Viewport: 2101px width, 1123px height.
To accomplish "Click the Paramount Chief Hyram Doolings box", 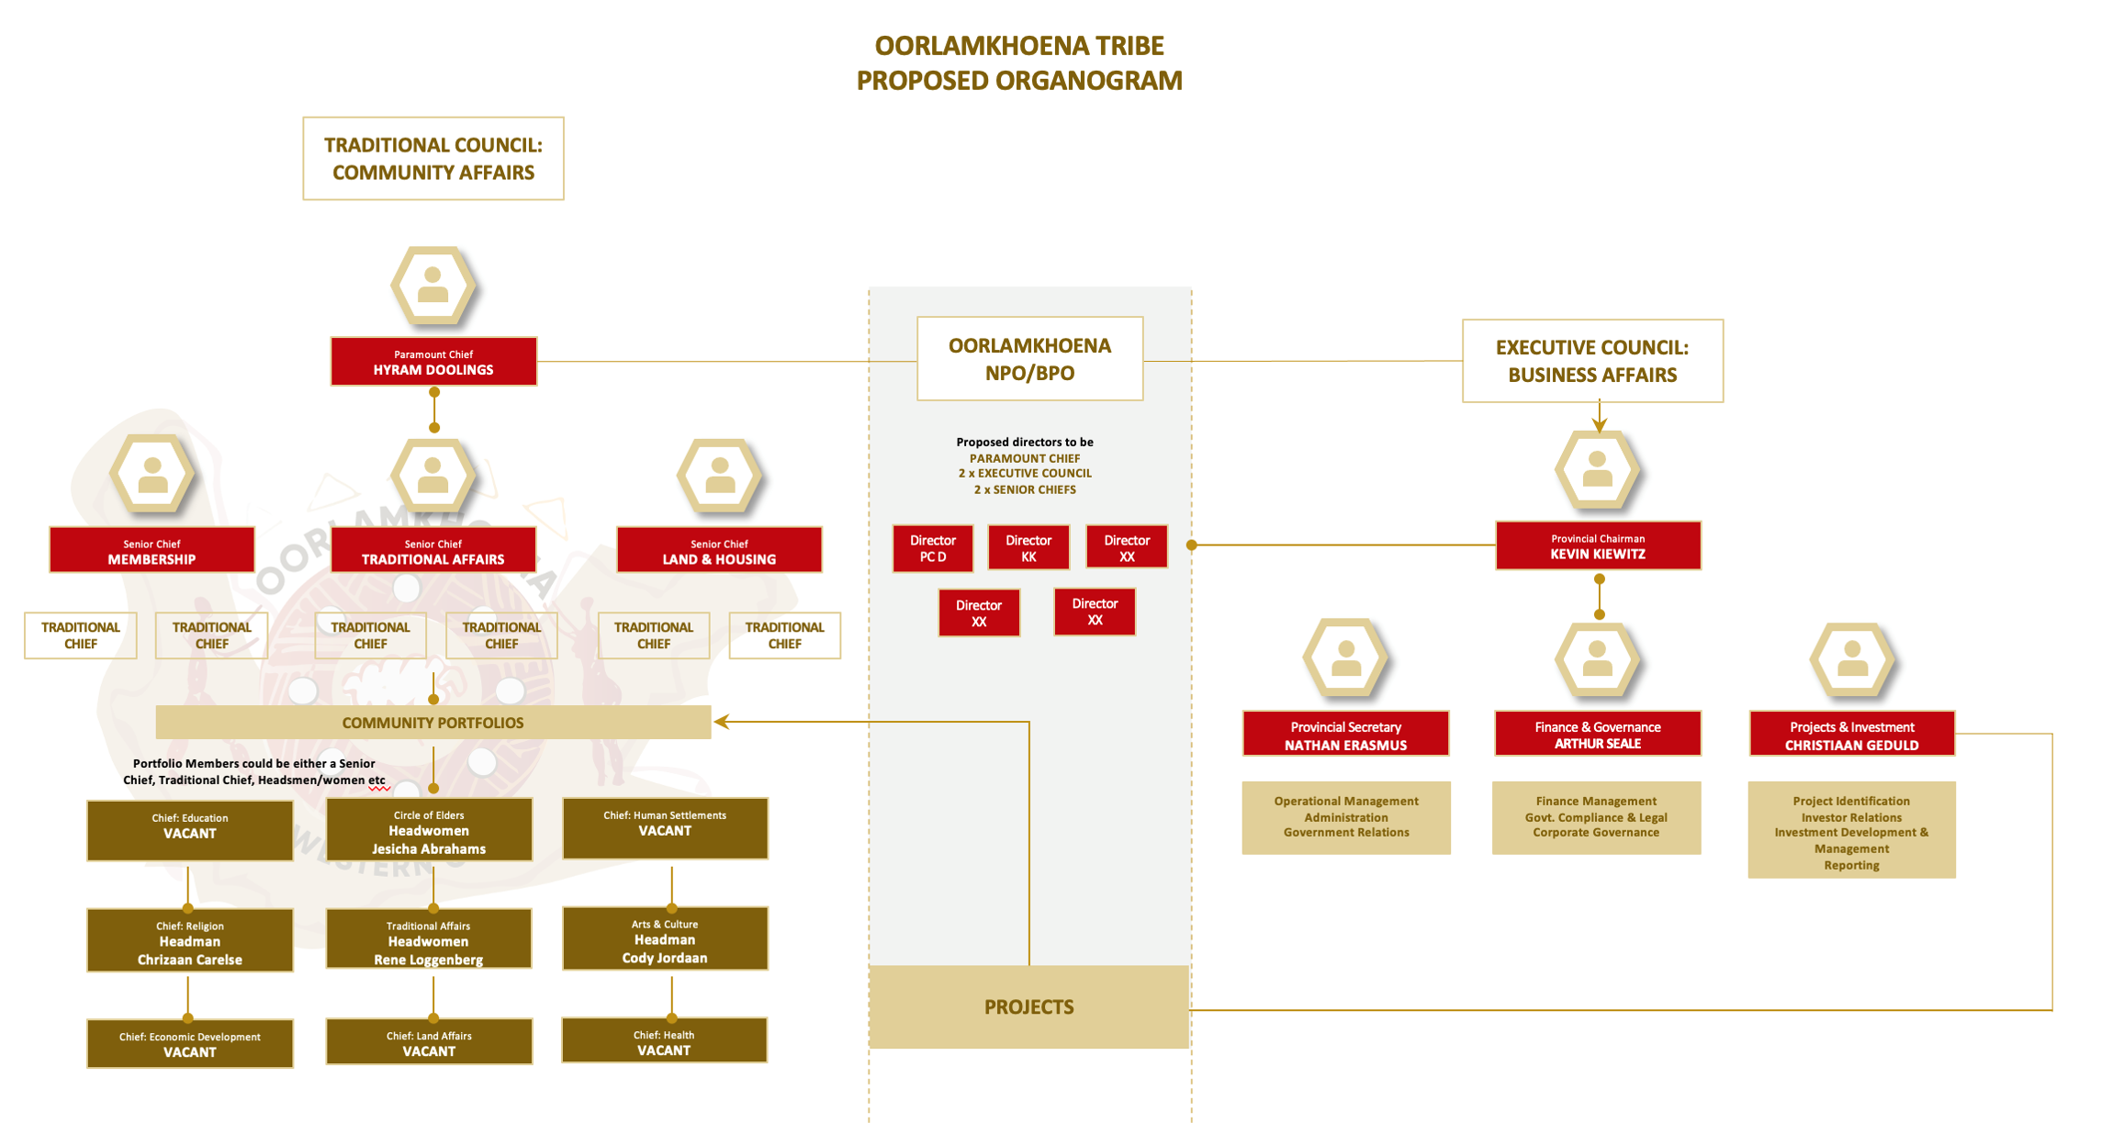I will (433, 362).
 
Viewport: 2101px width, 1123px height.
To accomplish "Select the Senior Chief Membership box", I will (152, 550).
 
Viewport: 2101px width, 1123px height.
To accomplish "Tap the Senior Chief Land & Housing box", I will (719, 550).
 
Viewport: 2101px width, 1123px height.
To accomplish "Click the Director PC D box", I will (932, 548).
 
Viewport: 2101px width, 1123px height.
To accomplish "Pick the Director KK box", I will (1028, 548).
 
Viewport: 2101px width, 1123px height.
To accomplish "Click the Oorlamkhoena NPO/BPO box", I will (1029, 359).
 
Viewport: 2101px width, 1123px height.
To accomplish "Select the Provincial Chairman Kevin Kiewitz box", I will (1597, 546).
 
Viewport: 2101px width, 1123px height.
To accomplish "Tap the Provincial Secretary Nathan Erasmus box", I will (1345, 735).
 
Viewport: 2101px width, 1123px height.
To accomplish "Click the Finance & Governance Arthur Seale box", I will (1597, 735).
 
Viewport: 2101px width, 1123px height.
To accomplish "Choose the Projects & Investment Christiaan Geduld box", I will (1851, 735).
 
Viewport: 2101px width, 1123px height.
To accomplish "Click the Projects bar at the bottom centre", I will (1028, 1006).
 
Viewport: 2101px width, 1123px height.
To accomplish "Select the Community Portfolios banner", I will (433, 723).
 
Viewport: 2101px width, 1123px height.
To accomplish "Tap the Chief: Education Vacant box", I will (190, 830).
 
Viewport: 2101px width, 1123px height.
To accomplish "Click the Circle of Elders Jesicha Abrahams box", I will (429, 830).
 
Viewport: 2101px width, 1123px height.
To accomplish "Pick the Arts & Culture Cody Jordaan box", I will (665, 939).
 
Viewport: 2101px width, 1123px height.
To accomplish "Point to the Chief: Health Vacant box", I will (664, 1041).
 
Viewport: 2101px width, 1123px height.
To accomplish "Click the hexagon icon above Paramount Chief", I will (433, 286).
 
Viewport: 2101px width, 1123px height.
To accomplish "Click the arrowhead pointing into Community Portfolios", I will (722, 722).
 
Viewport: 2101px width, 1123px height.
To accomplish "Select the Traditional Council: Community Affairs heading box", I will (433, 159).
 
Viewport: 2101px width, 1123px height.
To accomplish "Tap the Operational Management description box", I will (1345, 817).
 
